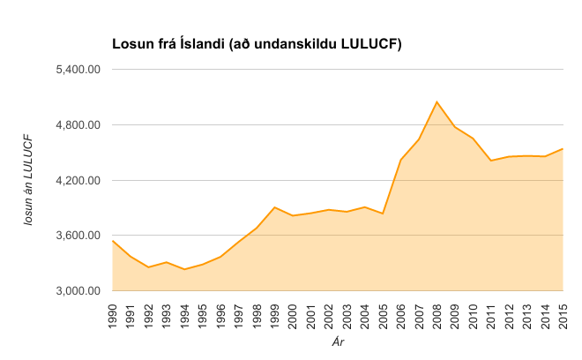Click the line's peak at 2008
[x=436, y=101]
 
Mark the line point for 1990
[x=113, y=240]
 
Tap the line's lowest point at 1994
[x=184, y=269]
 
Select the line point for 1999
[x=274, y=207]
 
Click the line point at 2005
[x=383, y=214]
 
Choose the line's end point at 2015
[x=563, y=148]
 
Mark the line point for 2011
[x=490, y=161]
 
